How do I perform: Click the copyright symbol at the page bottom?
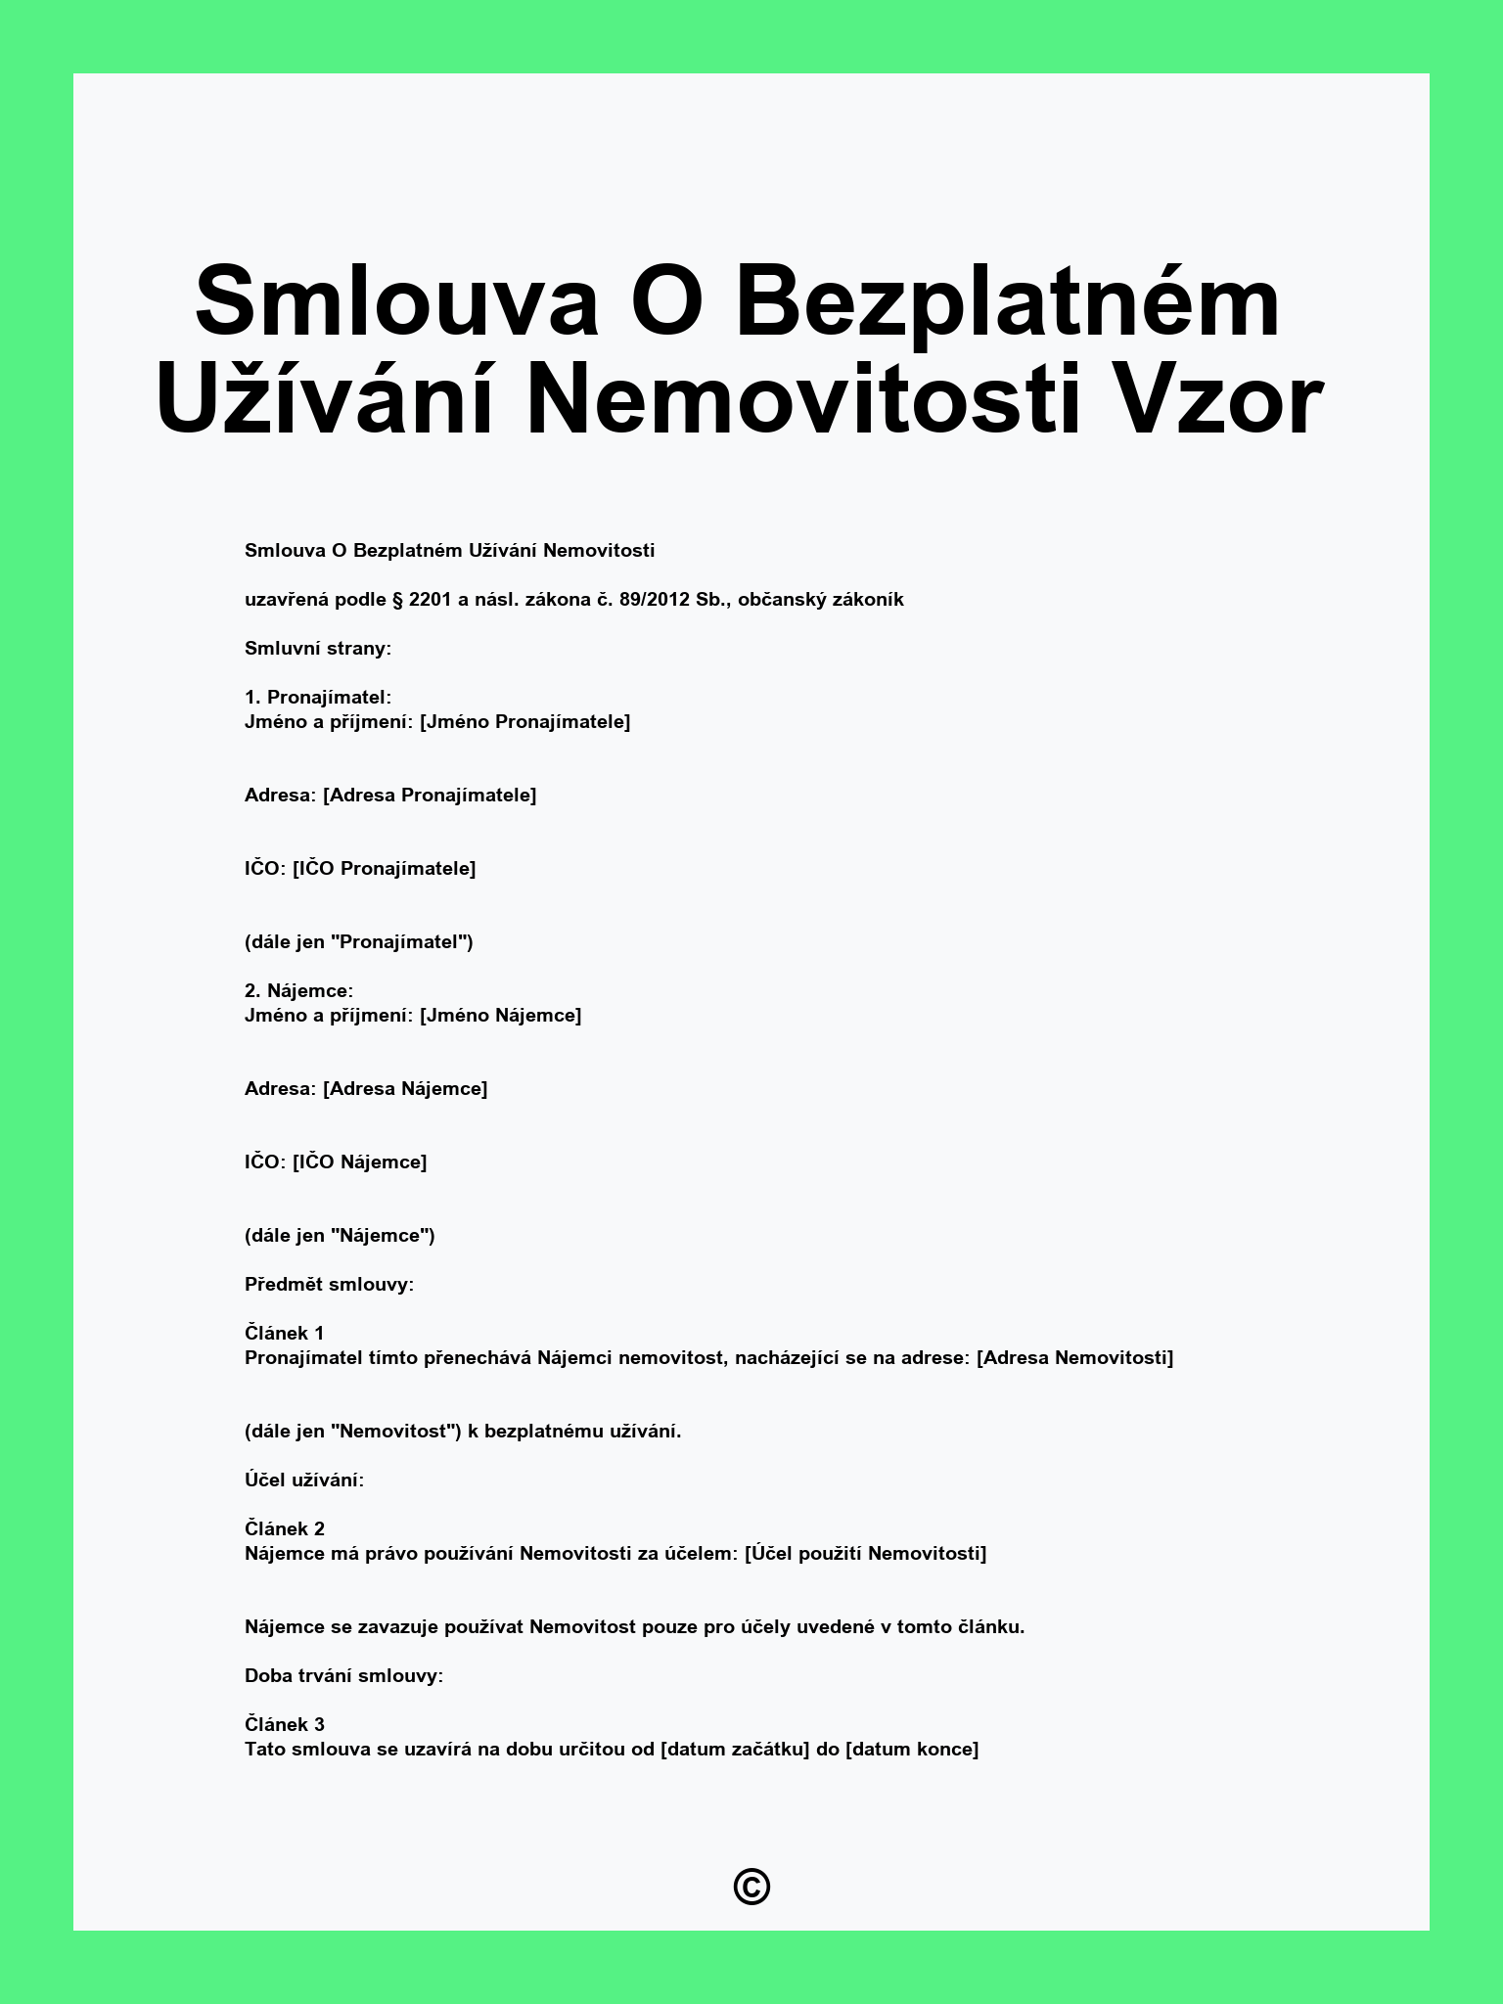click(x=751, y=1887)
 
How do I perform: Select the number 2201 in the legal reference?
click(x=431, y=600)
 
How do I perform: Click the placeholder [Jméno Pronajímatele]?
click(x=524, y=722)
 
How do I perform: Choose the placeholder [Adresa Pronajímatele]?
click(x=430, y=796)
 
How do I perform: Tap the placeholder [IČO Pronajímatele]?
click(x=384, y=869)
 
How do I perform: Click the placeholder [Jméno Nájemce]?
click(x=500, y=1016)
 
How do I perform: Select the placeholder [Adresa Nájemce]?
click(x=405, y=1089)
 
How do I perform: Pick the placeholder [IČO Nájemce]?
click(x=359, y=1162)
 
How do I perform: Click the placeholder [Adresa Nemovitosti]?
click(x=1074, y=1358)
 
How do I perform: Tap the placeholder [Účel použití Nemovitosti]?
click(x=865, y=1554)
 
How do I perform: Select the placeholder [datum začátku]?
click(x=735, y=1750)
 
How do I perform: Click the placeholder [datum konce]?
click(x=911, y=1750)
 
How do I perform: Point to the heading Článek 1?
click(x=284, y=1333)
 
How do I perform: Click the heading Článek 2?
click(x=284, y=1528)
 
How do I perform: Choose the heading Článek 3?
click(x=284, y=1724)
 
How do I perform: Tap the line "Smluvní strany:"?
click(x=318, y=649)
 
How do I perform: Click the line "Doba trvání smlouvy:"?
click(x=343, y=1676)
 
